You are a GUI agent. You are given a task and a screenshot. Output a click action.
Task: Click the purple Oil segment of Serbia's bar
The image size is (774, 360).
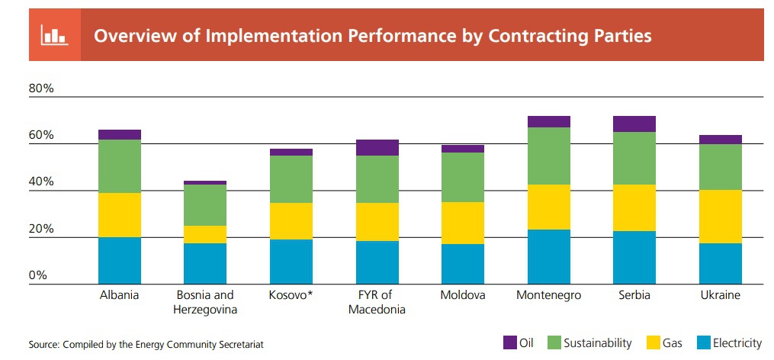pos(634,124)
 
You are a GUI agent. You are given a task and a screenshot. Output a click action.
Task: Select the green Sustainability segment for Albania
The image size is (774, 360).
pos(120,166)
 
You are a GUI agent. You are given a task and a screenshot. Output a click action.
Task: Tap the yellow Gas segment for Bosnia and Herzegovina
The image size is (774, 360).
pos(205,235)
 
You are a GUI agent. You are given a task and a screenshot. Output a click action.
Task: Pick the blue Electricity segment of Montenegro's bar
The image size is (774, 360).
pos(549,257)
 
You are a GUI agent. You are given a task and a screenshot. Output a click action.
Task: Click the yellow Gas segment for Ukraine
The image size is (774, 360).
pos(720,217)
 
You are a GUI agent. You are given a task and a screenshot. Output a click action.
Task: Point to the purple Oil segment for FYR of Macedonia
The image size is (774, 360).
pos(377,148)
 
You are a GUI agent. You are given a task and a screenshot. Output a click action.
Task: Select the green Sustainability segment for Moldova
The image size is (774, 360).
pos(463,177)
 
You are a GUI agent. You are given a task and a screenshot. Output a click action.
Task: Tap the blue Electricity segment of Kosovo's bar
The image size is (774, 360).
pos(291,262)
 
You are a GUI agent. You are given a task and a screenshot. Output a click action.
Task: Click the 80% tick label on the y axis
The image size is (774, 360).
pos(41,89)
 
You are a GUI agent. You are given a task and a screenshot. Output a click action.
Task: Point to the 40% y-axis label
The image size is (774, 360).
pos(41,182)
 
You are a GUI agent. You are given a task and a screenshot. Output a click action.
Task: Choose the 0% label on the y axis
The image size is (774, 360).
pos(38,275)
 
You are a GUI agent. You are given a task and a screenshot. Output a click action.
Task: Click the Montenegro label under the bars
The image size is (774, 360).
pos(549,295)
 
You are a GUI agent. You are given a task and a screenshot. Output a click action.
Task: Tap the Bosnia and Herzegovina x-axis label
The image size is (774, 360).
pos(205,302)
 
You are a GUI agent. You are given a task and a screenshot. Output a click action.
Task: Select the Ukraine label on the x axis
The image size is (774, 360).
pos(720,295)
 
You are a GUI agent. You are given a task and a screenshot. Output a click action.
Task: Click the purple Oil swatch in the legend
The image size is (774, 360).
pos(510,342)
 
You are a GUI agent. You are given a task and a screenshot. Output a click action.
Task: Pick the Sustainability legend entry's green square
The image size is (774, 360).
pos(554,342)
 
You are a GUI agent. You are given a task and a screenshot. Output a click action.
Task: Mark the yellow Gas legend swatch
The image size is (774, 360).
pos(653,342)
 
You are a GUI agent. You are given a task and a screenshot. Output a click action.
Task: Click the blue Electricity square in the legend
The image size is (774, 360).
pos(703,342)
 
